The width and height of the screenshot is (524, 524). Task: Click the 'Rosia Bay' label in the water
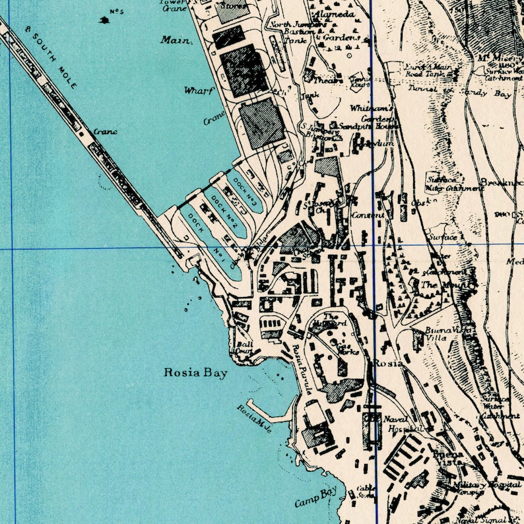click(x=195, y=374)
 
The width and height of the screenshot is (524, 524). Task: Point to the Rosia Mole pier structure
click(x=271, y=412)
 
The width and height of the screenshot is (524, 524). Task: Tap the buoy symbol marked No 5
click(x=105, y=20)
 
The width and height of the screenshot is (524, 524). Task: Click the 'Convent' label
click(x=368, y=215)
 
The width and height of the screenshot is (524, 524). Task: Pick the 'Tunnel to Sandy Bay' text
click(x=459, y=92)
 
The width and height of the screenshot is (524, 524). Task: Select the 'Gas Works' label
click(x=348, y=348)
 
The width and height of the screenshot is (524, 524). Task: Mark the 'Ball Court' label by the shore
click(x=244, y=348)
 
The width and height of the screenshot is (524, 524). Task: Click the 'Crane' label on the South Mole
click(x=105, y=131)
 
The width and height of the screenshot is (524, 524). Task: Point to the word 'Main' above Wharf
click(x=176, y=40)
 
